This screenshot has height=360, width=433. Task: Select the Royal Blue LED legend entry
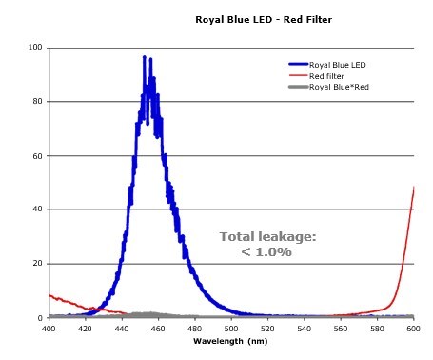click(x=339, y=66)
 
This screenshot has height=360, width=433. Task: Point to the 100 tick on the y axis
click(x=35, y=48)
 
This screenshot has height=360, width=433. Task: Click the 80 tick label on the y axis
click(x=37, y=102)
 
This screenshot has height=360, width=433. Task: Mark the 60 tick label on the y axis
click(x=37, y=156)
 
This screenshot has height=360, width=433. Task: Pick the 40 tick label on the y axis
click(x=37, y=210)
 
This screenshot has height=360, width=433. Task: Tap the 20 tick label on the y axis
click(x=37, y=264)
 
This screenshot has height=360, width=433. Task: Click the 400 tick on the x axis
click(x=49, y=329)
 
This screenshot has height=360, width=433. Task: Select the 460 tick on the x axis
click(x=159, y=329)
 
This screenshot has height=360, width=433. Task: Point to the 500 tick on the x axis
click(x=231, y=329)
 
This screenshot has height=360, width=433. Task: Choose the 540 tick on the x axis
click(x=305, y=329)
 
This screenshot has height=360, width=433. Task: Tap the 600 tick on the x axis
click(x=414, y=329)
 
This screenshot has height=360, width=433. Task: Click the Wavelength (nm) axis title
click(x=231, y=340)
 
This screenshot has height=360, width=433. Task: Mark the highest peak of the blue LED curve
click(x=144, y=57)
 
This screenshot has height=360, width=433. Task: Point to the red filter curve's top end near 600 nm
click(x=414, y=188)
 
